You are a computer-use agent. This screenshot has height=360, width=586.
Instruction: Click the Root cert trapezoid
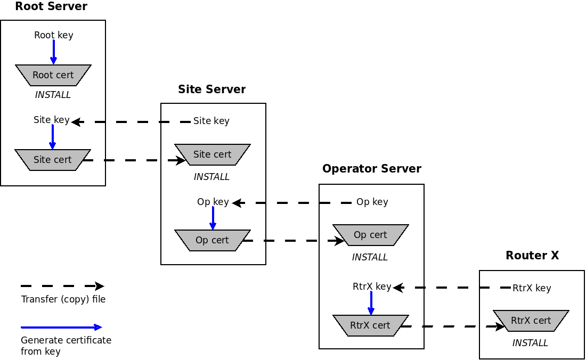click(x=53, y=75)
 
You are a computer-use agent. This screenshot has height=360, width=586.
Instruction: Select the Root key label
click(x=53, y=35)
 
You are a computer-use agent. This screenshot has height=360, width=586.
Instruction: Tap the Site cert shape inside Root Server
click(x=53, y=160)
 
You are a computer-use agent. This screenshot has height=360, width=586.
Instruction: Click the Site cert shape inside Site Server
click(x=213, y=154)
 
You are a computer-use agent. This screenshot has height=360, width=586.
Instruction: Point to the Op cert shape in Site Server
click(x=213, y=240)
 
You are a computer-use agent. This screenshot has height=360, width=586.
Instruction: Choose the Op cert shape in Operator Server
click(x=371, y=235)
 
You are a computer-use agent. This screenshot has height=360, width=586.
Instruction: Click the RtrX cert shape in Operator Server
click(x=371, y=325)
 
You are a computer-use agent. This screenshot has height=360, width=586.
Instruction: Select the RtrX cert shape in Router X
click(x=531, y=321)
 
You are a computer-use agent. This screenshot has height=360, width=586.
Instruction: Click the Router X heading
click(x=532, y=256)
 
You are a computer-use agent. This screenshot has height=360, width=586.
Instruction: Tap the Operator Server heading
click(x=372, y=169)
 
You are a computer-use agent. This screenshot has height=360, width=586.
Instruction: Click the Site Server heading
click(x=212, y=89)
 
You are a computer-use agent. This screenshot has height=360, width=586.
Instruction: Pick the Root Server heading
click(x=51, y=7)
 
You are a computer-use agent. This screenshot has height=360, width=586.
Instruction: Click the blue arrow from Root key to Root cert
click(x=53, y=52)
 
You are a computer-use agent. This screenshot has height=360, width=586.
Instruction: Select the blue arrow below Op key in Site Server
click(x=213, y=218)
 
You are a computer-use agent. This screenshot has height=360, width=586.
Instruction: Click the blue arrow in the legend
click(x=61, y=327)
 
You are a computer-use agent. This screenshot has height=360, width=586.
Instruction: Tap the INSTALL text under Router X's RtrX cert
click(x=530, y=343)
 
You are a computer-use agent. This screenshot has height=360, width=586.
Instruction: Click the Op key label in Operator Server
click(x=372, y=202)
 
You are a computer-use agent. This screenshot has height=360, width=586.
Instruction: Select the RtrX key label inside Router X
click(x=532, y=288)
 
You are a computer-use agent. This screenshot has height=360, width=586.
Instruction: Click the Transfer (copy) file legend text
click(x=63, y=299)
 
